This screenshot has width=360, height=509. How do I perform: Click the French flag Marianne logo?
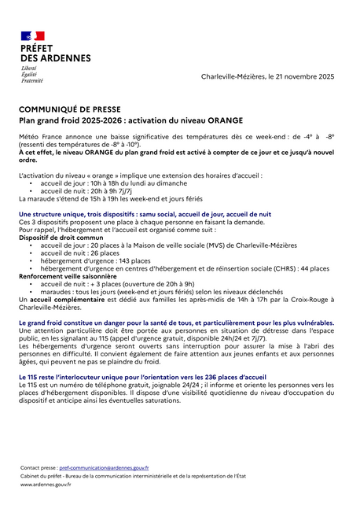click(33, 37)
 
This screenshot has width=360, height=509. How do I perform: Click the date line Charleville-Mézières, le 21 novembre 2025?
click(267, 76)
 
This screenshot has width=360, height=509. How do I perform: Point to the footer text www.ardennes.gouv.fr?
click(46, 485)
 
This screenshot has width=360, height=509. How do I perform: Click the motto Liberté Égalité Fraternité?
click(31, 75)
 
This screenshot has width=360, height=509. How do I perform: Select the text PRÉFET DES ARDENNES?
click(54, 53)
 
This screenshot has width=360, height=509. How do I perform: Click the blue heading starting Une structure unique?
click(145, 214)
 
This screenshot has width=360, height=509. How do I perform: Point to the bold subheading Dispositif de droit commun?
click(66, 238)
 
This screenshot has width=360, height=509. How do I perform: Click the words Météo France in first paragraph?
click(39, 136)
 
